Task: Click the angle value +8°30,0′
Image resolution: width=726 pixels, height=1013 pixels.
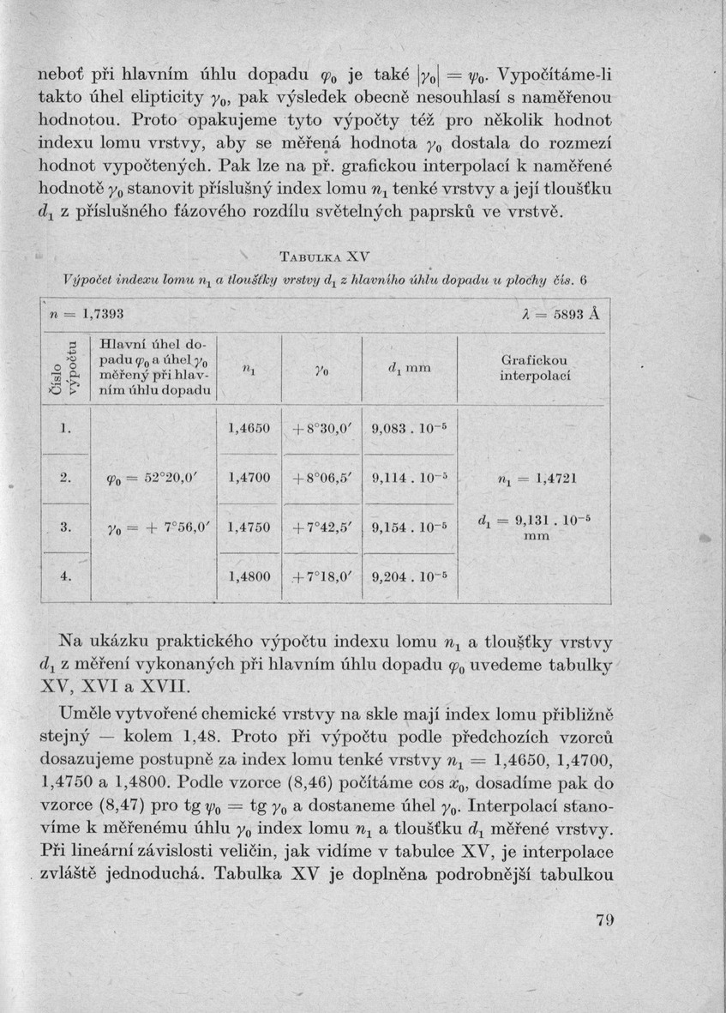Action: [x=321, y=426]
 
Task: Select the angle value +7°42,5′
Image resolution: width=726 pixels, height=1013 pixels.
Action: [x=321, y=527]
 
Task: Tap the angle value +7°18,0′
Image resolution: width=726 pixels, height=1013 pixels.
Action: [x=321, y=577]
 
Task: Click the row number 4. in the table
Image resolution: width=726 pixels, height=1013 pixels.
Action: [x=66, y=576]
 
